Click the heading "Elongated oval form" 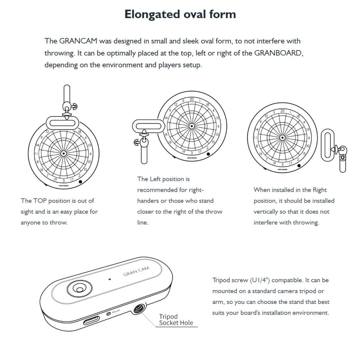pos(180,14)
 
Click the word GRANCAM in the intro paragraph pos(78,41)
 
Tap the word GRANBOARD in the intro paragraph pos(278,53)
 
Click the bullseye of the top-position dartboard pos(63,154)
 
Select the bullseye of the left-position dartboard pos(191,126)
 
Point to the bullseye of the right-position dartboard pos(282,138)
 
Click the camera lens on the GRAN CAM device pos(79,289)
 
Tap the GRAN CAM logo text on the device pos(136,271)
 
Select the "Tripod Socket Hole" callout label pos(176,320)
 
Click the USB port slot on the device pos(91,320)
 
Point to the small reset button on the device pos(108,314)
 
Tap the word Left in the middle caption pos(155,179)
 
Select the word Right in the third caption pos(320,190)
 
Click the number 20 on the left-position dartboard pos(192,100)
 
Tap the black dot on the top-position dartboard pos(81,182)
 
